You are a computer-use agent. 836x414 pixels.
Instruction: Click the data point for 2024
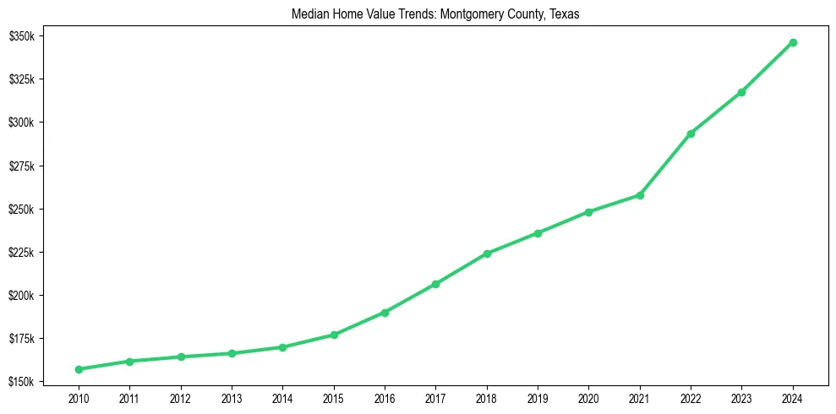pos(793,42)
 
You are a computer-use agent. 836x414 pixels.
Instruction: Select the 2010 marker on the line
pos(79,369)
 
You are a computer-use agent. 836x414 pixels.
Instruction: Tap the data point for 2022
pos(691,133)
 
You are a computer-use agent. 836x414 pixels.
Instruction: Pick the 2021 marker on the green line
pos(640,195)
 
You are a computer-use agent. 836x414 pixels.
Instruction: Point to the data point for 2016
pos(385,313)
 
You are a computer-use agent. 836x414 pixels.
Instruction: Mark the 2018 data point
pos(487,253)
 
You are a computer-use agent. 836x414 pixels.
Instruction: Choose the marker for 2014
pos(282,347)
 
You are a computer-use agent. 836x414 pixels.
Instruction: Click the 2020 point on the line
pos(588,212)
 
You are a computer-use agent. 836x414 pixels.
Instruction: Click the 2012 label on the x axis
pos(180,397)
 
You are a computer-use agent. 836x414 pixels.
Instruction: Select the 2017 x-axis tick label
pos(435,397)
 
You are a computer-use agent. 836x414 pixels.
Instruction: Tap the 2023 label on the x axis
pos(741,397)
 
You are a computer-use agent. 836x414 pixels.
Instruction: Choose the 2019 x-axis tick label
pos(538,397)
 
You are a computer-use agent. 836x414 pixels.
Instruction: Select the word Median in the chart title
pos(308,15)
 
